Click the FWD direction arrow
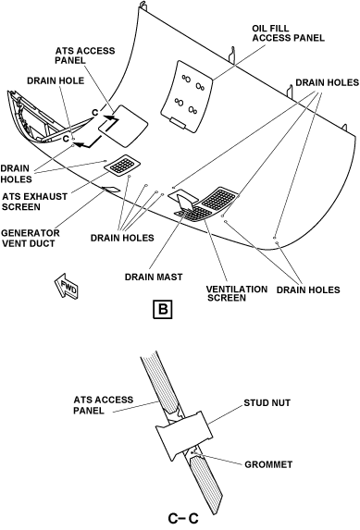(67, 286)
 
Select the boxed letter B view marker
(163, 309)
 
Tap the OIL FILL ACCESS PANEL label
(288, 32)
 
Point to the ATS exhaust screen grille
(122, 166)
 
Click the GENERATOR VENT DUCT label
(31, 238)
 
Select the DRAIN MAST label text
(154, 277)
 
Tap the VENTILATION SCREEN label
(237, 293)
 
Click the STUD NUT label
(267, 403)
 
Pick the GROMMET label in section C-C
(268, 464)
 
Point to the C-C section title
(183, 518)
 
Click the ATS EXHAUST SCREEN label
(34, 202)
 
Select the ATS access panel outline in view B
(123, 126)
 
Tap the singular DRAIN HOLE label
(56, 80)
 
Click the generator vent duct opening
(111, 190)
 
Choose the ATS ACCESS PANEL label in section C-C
(104, 405)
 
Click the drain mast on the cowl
(185, 203)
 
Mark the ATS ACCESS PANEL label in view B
(84, 55)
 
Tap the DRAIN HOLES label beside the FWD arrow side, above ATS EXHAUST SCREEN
(16, 173)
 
